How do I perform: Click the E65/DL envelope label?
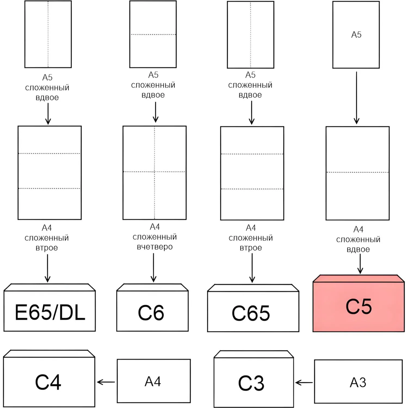click(50, 312)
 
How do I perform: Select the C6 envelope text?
click(151, 313)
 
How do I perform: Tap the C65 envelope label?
click(251, 313)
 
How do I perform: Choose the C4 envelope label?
click(48, 382)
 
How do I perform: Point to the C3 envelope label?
click(251, 383)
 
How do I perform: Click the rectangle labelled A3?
click(358, 382)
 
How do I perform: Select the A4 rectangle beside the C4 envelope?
click(153, 381)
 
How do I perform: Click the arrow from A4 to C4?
click(106, 382)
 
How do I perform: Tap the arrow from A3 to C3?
click(304, 383)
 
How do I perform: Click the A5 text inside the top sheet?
click(356, 35)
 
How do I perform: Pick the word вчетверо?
click(155, 247)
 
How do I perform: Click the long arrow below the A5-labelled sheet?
click(356, 98)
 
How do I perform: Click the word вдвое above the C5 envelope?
click(358, 249)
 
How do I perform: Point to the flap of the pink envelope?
click(358, 279)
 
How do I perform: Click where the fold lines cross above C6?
click(154, 172)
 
